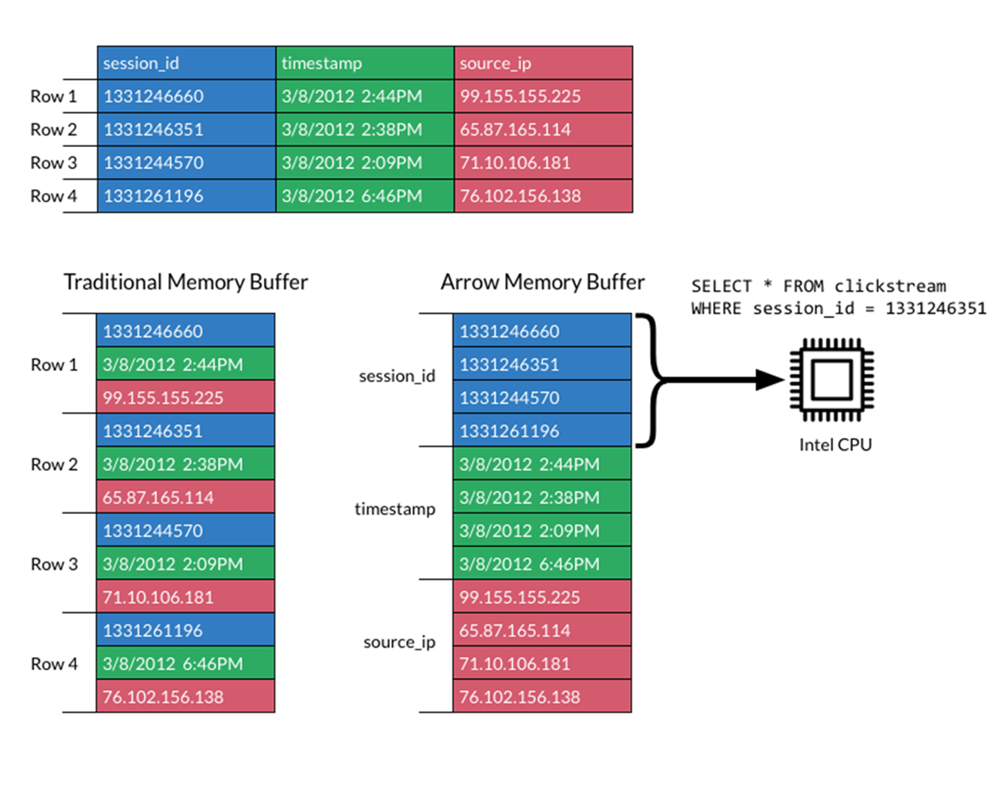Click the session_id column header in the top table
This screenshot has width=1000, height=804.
pyautogui.click(x=186, y=63)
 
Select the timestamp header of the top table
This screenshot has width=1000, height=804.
pyautogui.click(x=365, y=63)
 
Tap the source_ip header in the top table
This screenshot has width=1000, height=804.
pyautogui.click(x=543, y=63)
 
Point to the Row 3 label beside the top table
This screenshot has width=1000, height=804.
pyautogui.click(x=53, y=162)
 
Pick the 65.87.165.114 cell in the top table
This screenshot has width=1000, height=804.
pyautogui.click(x=543, y=129)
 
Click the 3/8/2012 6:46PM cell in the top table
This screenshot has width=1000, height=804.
pyautogui.click(x=365, y=195)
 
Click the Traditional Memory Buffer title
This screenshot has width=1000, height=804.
pyautogui.click(x=186, y=282)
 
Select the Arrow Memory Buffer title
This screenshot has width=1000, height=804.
pyautogui.click(x=543, y=282)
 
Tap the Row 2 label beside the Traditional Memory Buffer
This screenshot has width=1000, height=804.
pyautogui.click(x=54, y=464)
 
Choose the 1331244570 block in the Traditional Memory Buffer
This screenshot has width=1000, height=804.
pyautogui.click(x=185, y=530)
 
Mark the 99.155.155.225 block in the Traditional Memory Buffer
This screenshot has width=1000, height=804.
pyautogui.click(x=185, y=397)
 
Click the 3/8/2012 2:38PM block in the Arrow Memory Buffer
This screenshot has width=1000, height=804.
pyautogui.click(x=542, y=497)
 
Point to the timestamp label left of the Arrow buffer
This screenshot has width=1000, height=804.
pyautogui.click(x=395, y=509)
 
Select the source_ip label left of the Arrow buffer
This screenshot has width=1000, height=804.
pyautogui.click(x=400, y=642)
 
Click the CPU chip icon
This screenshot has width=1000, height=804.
pyautogui.click(x=832, y=380)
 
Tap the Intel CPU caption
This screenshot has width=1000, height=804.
pyautogui.click(x=835, y=445)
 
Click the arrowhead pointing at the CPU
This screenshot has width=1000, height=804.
pyautogui.click(x=770, y=380)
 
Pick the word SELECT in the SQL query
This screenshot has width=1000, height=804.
pyautogui.click(x=722, y=286)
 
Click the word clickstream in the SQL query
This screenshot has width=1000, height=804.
pyautogui.click(x=890, y=286)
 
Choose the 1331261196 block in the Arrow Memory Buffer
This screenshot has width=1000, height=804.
pyautogui.click(x=542, y=431)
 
